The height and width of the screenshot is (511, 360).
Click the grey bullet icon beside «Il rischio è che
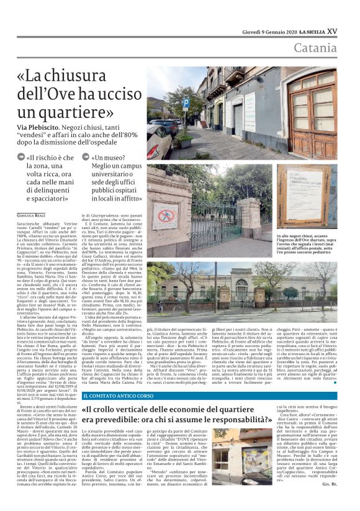[21, 158]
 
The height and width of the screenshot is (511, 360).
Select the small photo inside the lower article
[256, 464]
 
